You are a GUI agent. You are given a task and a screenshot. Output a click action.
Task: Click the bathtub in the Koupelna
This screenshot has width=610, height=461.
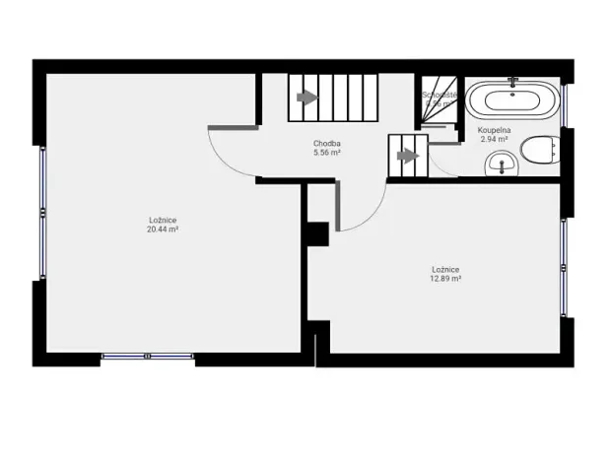click(x=511, y=100)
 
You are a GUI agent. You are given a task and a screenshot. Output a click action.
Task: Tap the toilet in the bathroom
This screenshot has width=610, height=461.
click(x=536, y=151)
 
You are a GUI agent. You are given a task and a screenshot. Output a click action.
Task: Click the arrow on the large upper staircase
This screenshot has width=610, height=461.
click(x=307, y=97)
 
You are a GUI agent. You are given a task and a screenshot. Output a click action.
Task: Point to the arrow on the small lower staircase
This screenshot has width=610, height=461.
click(x=404, y=155)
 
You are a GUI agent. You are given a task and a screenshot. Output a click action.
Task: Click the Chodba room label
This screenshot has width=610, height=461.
click(x=326, y=144)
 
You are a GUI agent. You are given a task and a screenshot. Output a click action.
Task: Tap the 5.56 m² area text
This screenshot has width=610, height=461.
click(x=326, y=154)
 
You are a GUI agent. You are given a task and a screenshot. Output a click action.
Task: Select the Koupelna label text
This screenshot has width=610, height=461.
click(x=493, y=130)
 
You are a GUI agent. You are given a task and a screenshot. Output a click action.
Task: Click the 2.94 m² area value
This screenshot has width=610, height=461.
click(x=493, y=140)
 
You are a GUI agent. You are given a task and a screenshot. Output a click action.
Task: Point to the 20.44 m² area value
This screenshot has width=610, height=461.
click(x=162, y=229)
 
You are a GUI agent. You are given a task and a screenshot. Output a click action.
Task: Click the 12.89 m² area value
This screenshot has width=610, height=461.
click(x=445, y=279)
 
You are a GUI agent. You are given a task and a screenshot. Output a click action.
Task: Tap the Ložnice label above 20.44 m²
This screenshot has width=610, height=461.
click(x=162, y=219)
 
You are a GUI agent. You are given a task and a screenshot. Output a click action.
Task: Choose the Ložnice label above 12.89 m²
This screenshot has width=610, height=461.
click(x=445, y=269)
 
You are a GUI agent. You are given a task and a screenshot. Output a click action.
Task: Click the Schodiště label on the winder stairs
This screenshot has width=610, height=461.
click(x=438, y=96)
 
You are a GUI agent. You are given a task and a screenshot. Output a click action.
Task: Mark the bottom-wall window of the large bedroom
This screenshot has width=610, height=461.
click(x=148, y=356)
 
